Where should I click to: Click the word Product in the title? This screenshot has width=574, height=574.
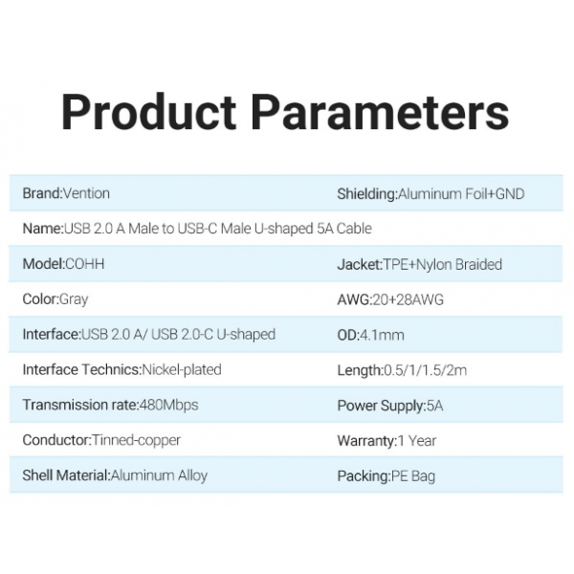pos(148,112)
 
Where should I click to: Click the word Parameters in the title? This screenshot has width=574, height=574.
pos(380,112)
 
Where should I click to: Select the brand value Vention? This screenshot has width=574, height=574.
pos(86,193)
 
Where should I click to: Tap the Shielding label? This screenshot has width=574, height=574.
pos(367,194)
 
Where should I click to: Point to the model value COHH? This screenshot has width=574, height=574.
pos(84,264)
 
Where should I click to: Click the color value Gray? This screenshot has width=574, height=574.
pos(74,299)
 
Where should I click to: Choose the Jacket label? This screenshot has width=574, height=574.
pos(360,265)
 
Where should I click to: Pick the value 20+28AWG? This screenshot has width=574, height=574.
pos(408,299)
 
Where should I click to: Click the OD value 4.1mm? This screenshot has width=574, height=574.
pos(382,335)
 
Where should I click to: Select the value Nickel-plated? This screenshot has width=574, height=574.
pos(182,370)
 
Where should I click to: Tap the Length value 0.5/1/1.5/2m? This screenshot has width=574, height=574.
pos(425,370)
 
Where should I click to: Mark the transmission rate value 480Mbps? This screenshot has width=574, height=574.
pos(168,406)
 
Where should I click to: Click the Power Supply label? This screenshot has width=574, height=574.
pos(382,406)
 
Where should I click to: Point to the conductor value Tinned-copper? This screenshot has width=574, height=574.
pos(136,440)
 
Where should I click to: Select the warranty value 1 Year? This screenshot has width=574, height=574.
pos(416,441)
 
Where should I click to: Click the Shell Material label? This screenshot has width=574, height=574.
pos(66,475)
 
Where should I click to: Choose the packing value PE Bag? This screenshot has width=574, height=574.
pos(413,476)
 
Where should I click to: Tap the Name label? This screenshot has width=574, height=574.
pos(43,229)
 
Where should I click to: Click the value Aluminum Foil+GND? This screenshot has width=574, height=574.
pos(461,194)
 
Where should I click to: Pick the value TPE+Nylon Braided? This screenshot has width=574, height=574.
pos(442,265)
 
